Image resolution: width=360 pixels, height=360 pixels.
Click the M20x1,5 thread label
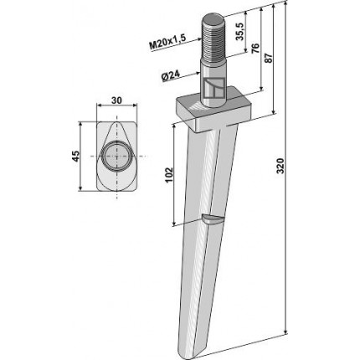point(167,42)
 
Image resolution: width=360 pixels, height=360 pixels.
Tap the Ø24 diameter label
point(171,76)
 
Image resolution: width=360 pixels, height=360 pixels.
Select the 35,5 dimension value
point(240,31)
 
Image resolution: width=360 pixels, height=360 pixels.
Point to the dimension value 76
point(255,49)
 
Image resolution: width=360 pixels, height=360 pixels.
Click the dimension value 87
point(268,58)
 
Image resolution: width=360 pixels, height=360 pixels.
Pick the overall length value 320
point(280,166)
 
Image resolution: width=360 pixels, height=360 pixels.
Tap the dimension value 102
point(169,175)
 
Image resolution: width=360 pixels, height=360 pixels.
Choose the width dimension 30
point(116,100)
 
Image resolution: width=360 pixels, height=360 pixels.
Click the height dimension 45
point(75,157)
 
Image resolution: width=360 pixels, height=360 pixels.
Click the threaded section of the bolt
point(213,39)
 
